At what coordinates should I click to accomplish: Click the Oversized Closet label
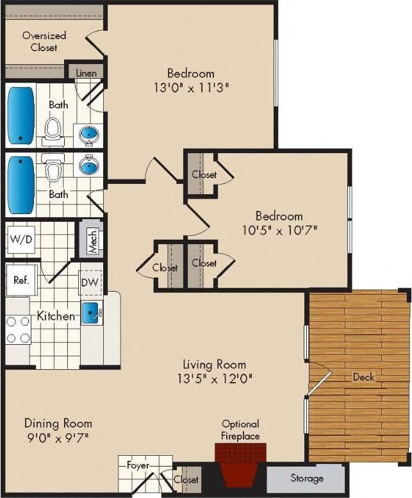(x=44, y=42)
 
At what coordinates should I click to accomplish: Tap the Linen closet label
(x=86, y=73)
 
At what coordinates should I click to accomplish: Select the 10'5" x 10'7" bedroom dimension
(x=279, y=229)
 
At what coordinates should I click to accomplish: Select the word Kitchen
(x=56, y=316)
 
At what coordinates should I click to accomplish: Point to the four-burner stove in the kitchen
(x=17, y=330)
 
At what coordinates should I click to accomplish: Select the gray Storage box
(x=306, y=478)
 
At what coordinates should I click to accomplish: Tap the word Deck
(x=363, y=377)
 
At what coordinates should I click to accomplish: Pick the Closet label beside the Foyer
(x=186, y=479)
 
